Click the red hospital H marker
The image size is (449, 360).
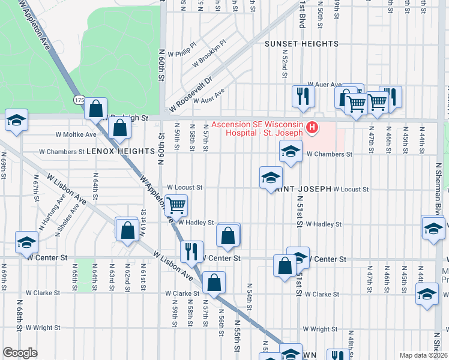pyautogui.click(x=312, y=127)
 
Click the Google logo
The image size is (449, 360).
pyautogui.click(x=20, y=352)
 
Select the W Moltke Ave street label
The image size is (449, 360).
pyautogui.click(x=76, y=135)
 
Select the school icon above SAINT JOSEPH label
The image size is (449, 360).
pyautogui.click(x=271, y=177)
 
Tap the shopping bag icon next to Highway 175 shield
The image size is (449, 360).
pyautogui.click(x=96, y=109)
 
